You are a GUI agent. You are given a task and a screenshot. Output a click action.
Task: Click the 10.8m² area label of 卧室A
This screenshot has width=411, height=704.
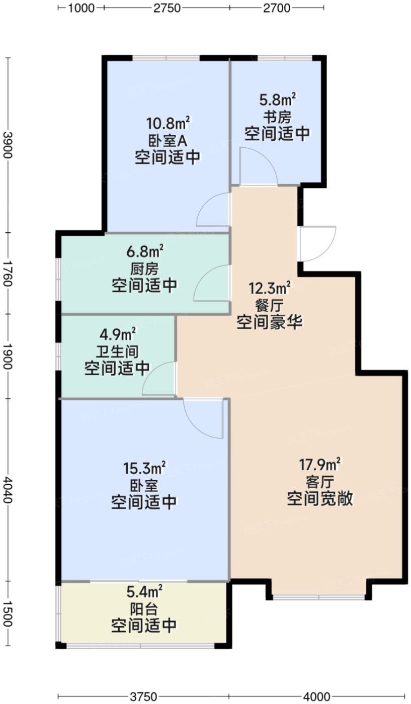169,123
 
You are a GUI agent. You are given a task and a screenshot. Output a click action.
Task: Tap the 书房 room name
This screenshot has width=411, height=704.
277,117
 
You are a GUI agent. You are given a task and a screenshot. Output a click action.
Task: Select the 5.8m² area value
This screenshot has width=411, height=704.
277,100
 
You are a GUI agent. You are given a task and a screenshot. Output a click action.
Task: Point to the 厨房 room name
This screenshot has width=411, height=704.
145,269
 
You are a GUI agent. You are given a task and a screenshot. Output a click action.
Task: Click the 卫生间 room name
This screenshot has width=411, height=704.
117,351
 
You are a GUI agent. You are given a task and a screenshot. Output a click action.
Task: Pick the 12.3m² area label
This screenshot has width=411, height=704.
270,288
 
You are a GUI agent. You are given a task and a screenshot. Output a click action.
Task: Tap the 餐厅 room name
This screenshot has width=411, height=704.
270,305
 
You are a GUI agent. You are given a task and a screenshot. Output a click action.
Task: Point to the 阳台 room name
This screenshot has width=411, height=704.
144,609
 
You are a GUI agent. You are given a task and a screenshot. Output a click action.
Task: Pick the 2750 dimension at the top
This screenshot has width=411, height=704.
167,8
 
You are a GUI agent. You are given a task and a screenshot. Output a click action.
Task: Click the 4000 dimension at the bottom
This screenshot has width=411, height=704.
316,697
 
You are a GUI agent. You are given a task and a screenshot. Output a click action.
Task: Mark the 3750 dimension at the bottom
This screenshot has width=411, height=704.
144,697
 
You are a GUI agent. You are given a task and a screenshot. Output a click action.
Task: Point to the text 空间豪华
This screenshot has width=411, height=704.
270,322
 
